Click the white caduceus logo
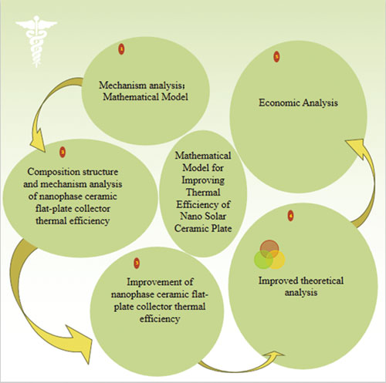tap(36, 41)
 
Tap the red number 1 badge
tap(121, 49)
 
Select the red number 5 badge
tap(276, 56)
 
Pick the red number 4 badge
tap(291, 216)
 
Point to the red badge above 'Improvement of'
tap(137, 263)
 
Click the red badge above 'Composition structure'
tap(63, 153)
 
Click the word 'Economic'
tap(279, 102)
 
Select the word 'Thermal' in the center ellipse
tap(203, 192)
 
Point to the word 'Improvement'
tap(152, 282)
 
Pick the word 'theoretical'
tap(322, 281)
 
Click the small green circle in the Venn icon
tap(263, 260)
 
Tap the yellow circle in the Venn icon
tap(276, 260)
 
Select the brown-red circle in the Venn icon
tap(269, 249)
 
